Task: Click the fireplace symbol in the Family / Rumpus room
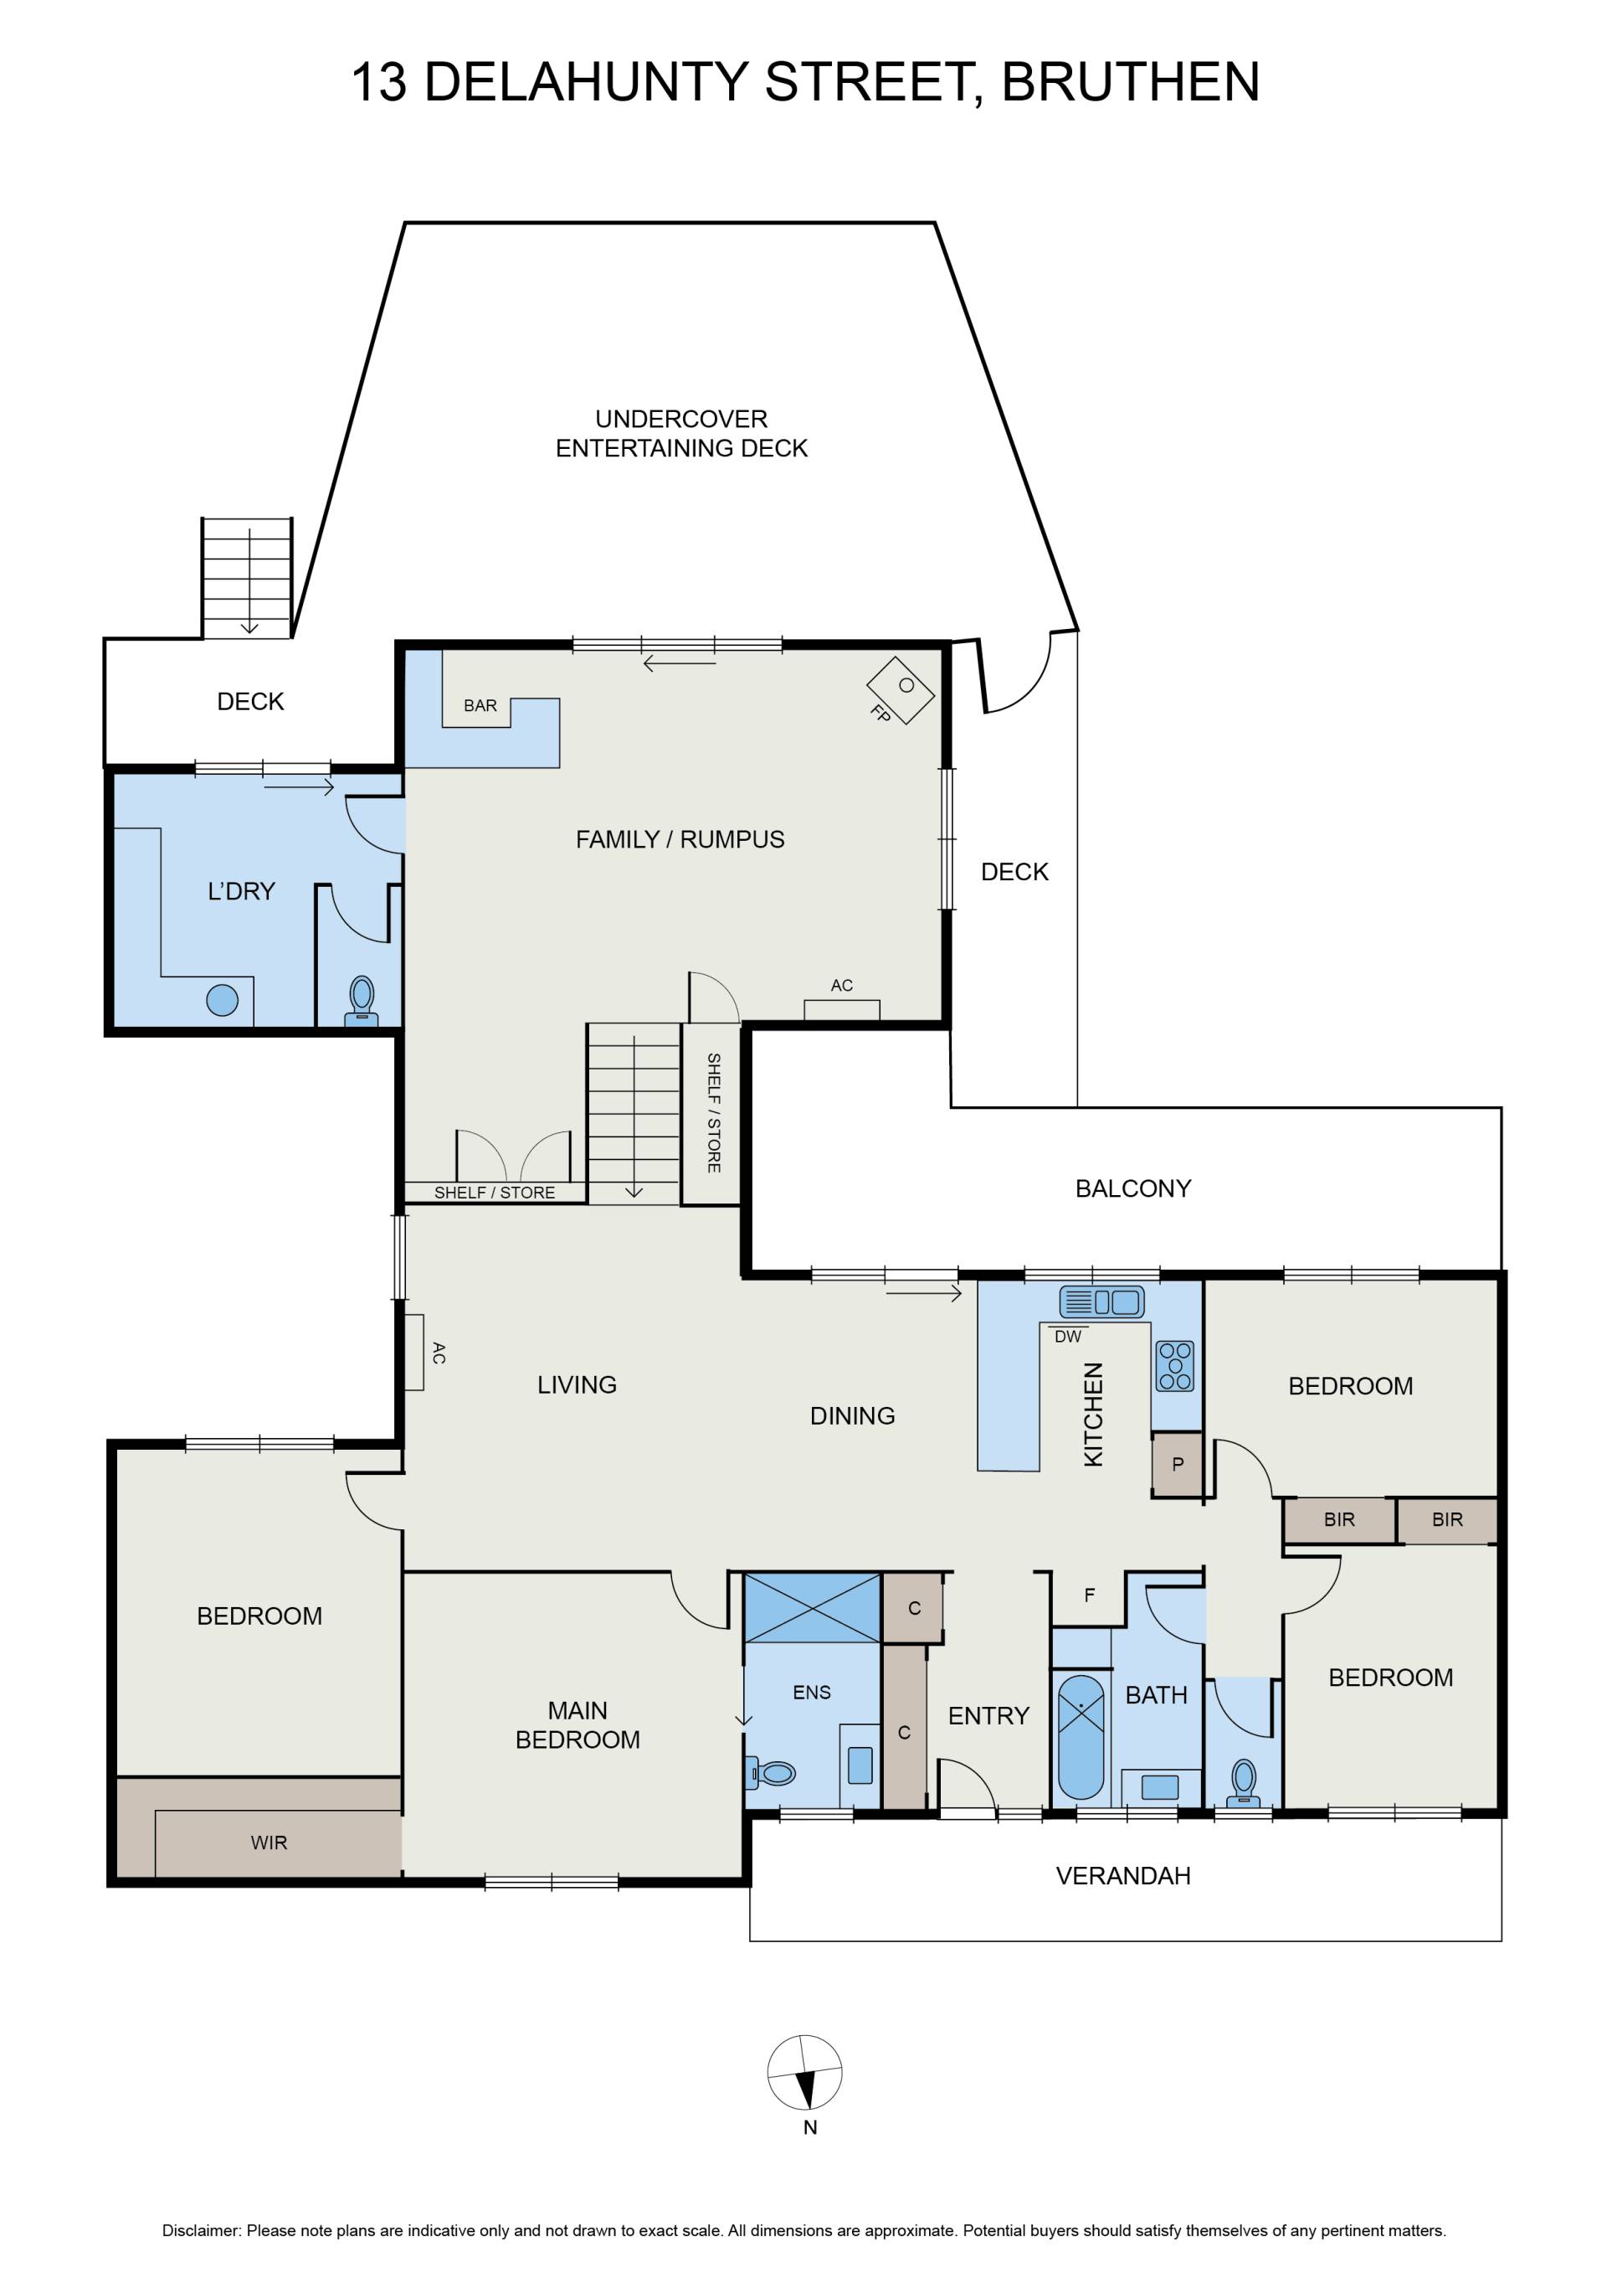(x=901, y=689)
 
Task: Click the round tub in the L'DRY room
(x=223, y=1000)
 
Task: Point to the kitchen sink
(x=1101, y=1301)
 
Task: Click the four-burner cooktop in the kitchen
(x=1174, y=1366)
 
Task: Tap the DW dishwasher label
(x=1068, y=1337)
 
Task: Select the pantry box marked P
(x=1177, y=1464)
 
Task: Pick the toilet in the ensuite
(x=772, y=1773)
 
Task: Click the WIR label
(x=270, y=1843)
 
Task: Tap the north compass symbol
(x=805, y=2073)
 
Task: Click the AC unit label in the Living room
(x=439, y=1353)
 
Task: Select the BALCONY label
(x=1133, y=1188)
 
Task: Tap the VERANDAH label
(x=1123, y=1875)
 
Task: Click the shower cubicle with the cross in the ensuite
(x=811, y=1608)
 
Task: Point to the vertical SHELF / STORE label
(x=713, y=1113)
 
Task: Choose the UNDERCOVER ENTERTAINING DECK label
(x=682, y=434)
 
